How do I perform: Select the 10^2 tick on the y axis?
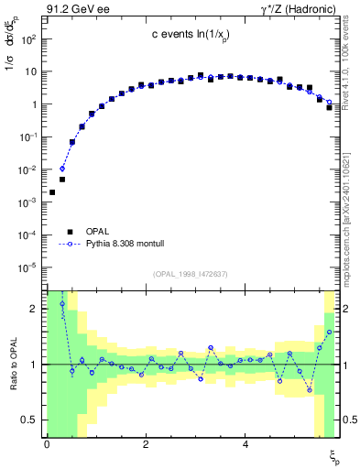(x=29, y=39)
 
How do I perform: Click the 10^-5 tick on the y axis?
(x=27, y=267)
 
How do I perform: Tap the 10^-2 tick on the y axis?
(x=27, y=169)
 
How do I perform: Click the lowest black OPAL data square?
(x=52, y=192)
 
